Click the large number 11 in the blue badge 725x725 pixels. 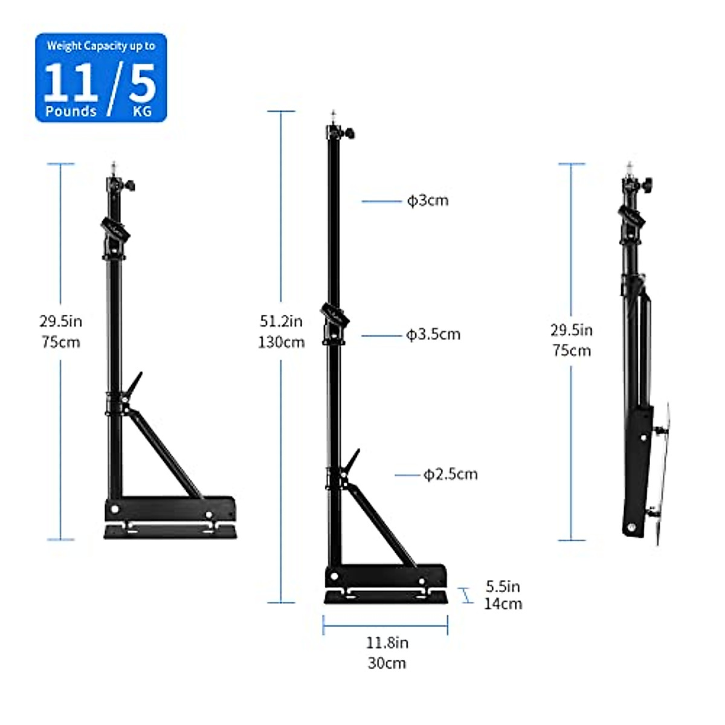click(71, 83)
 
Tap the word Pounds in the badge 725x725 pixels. click(71, 111)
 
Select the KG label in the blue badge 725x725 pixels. click(142, 112)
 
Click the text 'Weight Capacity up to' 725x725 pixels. click(101, 46)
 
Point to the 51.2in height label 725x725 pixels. click(281, 321)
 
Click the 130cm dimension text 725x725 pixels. click(281, 342)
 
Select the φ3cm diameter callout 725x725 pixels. click(428, 201)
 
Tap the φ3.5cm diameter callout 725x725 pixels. click(433, 334)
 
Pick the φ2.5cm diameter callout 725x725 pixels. click(450, 474)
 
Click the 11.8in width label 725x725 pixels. click(387, 642)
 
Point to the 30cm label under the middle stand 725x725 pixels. click(387, 663)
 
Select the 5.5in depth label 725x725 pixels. click(503, 586)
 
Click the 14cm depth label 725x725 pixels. click(503, 603)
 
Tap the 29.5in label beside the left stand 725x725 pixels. click(60, 321)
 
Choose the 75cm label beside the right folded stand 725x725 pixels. click(572, 350)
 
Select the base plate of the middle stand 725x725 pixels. click(387, 597)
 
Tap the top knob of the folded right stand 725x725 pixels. click(647, 182)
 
